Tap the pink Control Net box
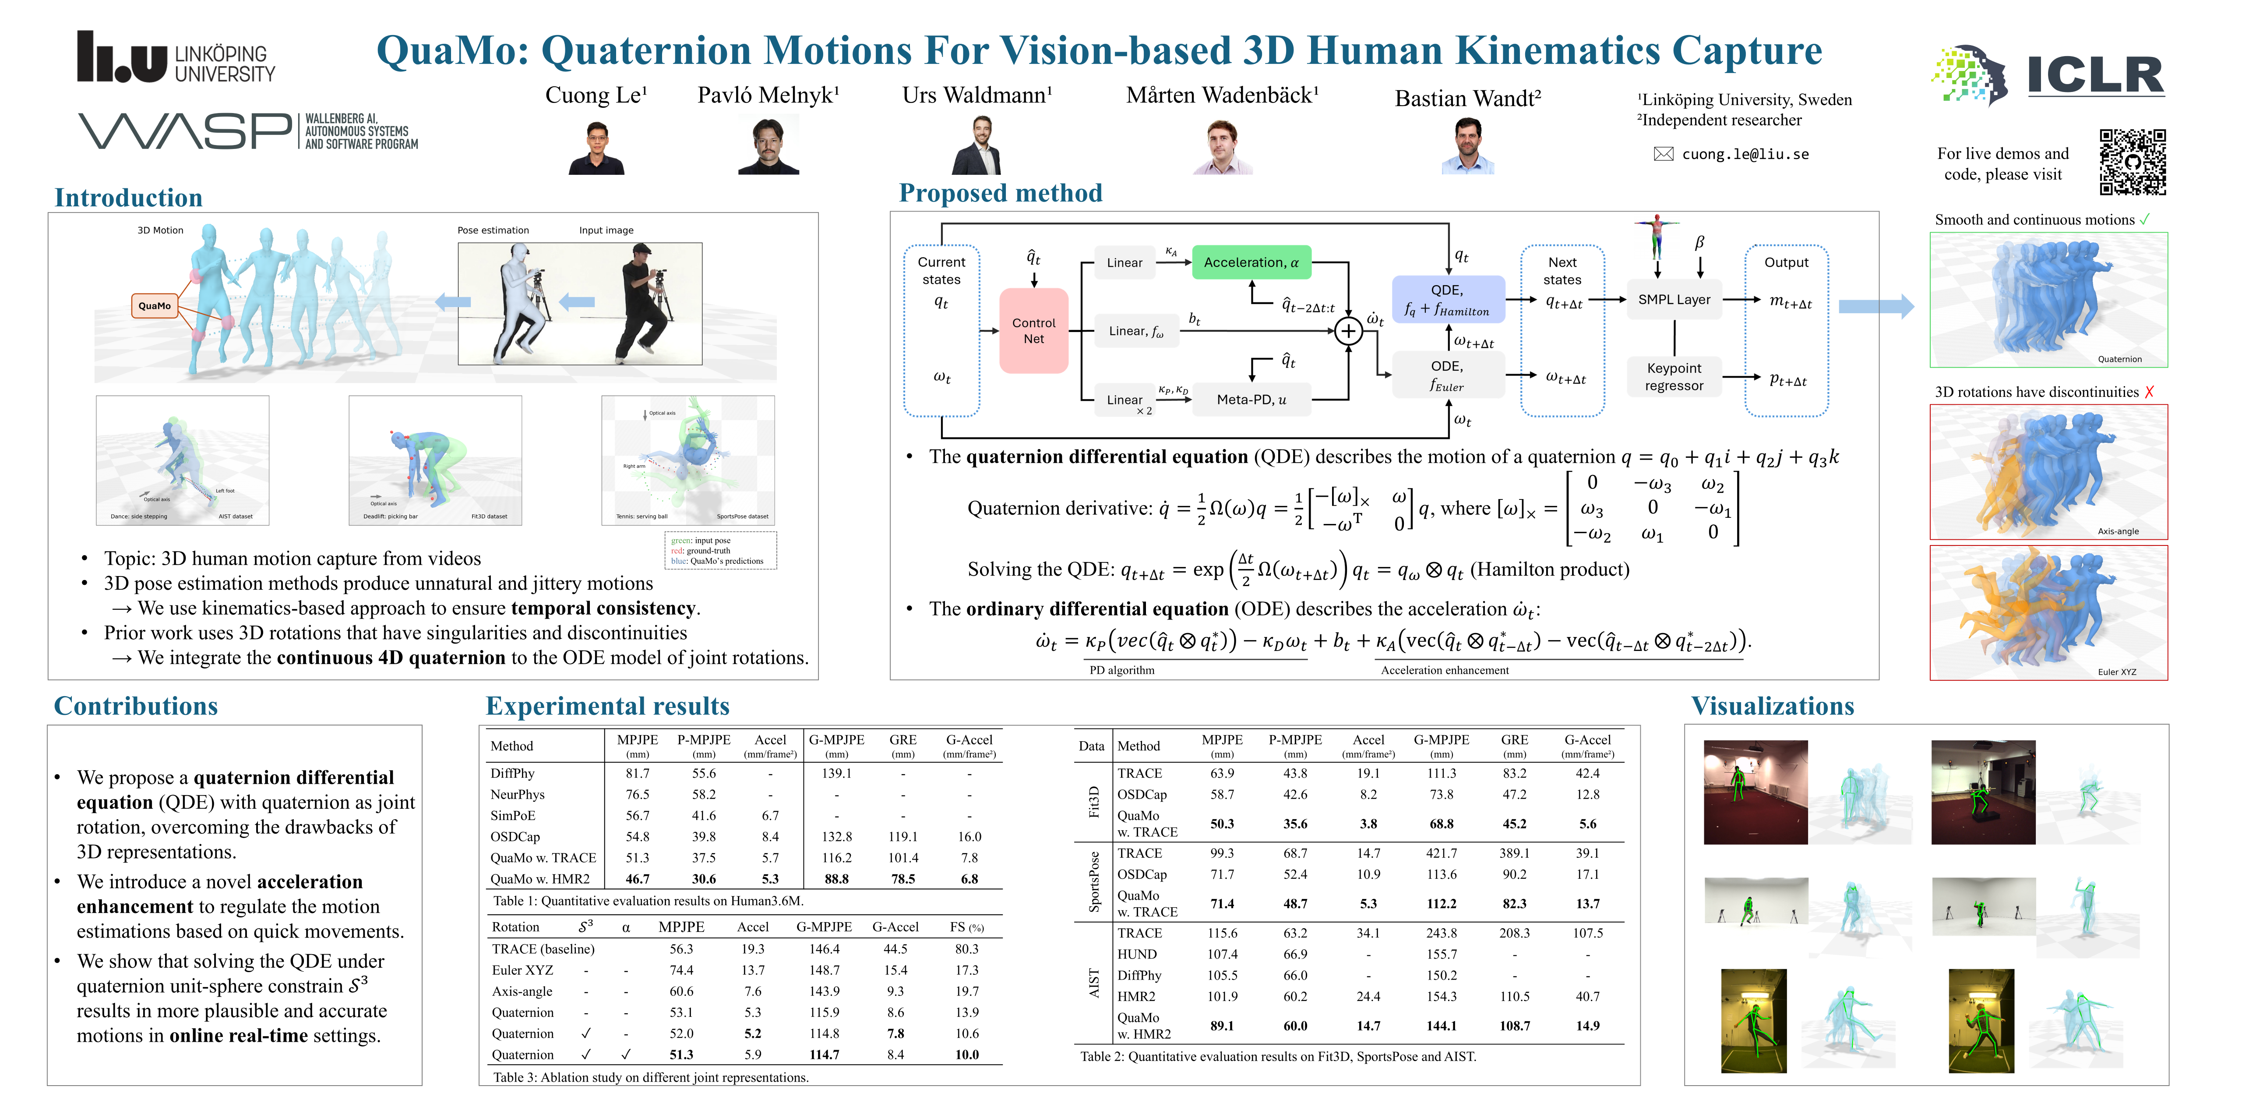tap(1033, 331)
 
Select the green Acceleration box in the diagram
tap(1251, 262)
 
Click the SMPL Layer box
tap(1674, 300)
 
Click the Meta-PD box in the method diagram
tap(1251, 400)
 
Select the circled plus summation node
tap(1348, 331)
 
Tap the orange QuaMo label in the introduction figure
tap(154, 306)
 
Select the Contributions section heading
tap(136, 706)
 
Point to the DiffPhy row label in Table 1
tap(513, 773)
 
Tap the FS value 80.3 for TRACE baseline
tap(966, 949)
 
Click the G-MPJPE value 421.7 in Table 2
tap(1441, 853)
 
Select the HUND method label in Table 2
tap(1137, 954)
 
